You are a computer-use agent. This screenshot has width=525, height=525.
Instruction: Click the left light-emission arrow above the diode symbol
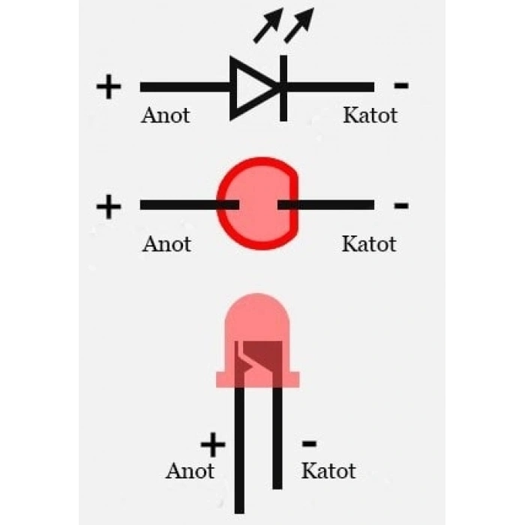tap(268, 25)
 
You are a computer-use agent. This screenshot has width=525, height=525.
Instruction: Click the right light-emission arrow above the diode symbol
tap(299, 25)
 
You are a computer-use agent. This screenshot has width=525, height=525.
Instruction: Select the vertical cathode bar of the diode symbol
tap(283, 88)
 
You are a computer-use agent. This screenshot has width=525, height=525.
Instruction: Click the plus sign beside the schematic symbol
tap(109, 87)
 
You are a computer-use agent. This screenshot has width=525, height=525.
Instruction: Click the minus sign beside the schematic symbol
tap(401, 85)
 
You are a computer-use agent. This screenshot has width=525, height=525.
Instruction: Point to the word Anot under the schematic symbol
tap(166, 115)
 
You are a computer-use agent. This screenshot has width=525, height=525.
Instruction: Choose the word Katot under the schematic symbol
tap(370, 115)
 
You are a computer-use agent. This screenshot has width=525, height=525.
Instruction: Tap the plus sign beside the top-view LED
tap(109, 207)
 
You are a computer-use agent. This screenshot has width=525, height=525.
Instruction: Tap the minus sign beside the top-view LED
tap(401, 205)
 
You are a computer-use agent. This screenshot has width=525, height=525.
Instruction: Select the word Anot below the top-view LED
tap(166, 244)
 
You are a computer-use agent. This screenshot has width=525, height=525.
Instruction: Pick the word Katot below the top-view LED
tap(369, 244)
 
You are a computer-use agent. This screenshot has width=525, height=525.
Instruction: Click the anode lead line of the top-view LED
tap(190, 205)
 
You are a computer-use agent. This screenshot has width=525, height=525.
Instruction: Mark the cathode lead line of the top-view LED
tap(325, 205)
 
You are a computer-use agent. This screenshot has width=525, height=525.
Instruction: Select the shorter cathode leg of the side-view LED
tap(277, 438)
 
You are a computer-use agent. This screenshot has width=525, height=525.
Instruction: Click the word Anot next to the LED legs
tap(190, 472)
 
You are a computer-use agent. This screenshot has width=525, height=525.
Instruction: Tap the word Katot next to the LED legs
tap(328, 472)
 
